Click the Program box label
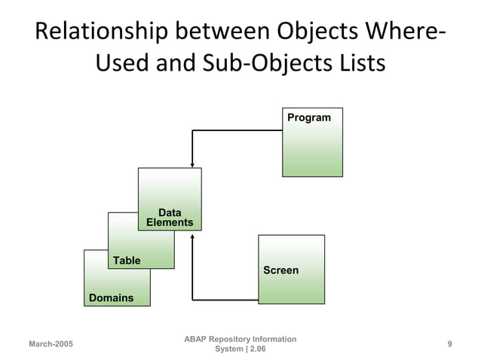[x=308, y=117]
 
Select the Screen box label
[x=280, y=270]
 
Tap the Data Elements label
[x=170, y=218]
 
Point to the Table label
[x=127, y=261]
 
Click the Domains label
[x=111, y=298]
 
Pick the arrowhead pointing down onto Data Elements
[x=193, y=164]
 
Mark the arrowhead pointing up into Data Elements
[x=193, y=236]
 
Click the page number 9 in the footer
[x=449, y=344]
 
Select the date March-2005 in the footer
[x=51, y=344]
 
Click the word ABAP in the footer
[x=197, y=340]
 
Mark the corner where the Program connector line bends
[x=193, y=130]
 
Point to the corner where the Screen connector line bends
[x=193, y=300]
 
